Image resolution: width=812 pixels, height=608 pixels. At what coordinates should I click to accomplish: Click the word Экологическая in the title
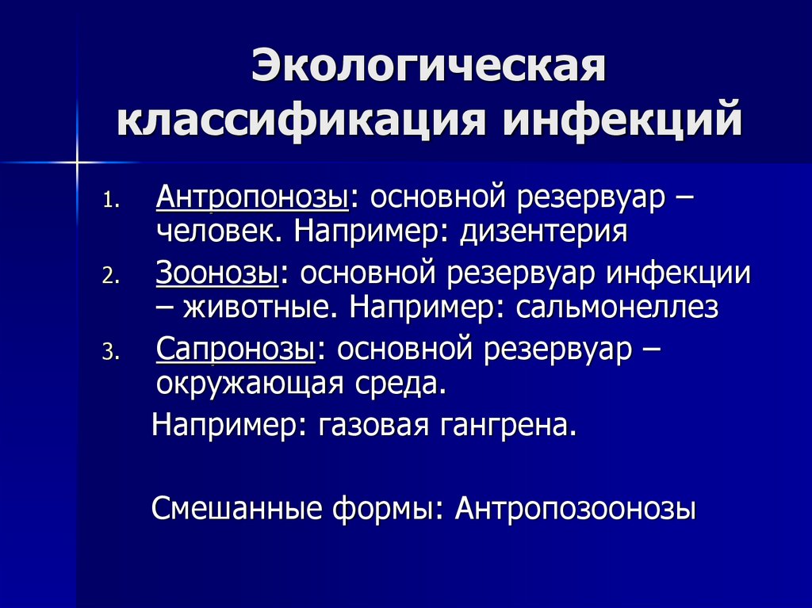click(x=429, y=67)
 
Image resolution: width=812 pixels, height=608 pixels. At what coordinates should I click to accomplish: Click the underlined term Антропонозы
click(x=254, y=197)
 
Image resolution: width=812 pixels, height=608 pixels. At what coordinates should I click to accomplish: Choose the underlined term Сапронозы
click(x=236, y=349)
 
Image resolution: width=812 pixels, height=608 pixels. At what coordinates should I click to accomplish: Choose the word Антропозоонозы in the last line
click(x=576, y=508)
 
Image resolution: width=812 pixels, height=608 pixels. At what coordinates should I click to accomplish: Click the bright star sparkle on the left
click(x=79, y=162)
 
